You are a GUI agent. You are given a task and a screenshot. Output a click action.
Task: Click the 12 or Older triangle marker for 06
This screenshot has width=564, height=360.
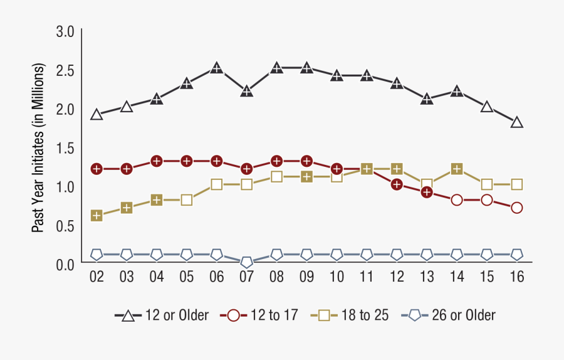217,68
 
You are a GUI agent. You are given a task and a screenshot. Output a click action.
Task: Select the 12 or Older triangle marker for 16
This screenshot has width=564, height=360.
517,122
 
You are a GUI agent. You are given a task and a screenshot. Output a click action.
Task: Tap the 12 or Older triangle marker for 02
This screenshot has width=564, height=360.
97,115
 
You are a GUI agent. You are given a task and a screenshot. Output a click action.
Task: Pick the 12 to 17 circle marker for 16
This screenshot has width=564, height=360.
517,208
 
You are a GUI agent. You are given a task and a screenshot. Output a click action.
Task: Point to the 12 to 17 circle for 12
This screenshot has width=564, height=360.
397,184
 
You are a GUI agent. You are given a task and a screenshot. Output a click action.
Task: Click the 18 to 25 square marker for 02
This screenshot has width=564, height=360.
97,216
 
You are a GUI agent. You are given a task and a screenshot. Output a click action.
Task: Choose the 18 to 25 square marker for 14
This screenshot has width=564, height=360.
457,169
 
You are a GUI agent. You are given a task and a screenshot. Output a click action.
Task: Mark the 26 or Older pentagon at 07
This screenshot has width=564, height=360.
247,262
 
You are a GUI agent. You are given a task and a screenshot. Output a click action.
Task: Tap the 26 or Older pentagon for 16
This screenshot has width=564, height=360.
517,255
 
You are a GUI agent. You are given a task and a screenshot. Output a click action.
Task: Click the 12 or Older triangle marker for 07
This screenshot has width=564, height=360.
247,92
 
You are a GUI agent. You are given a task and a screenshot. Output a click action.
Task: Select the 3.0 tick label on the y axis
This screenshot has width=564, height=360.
65,31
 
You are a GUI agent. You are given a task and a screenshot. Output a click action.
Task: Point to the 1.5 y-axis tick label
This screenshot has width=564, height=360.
65,148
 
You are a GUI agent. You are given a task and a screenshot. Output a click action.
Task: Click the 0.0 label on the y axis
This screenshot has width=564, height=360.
65,265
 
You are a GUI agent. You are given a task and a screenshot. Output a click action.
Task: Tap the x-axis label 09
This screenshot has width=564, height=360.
307,277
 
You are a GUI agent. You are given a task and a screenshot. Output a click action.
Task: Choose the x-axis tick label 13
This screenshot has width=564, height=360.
427,277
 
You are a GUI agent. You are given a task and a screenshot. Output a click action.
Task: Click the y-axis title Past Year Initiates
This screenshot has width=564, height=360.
39,148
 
